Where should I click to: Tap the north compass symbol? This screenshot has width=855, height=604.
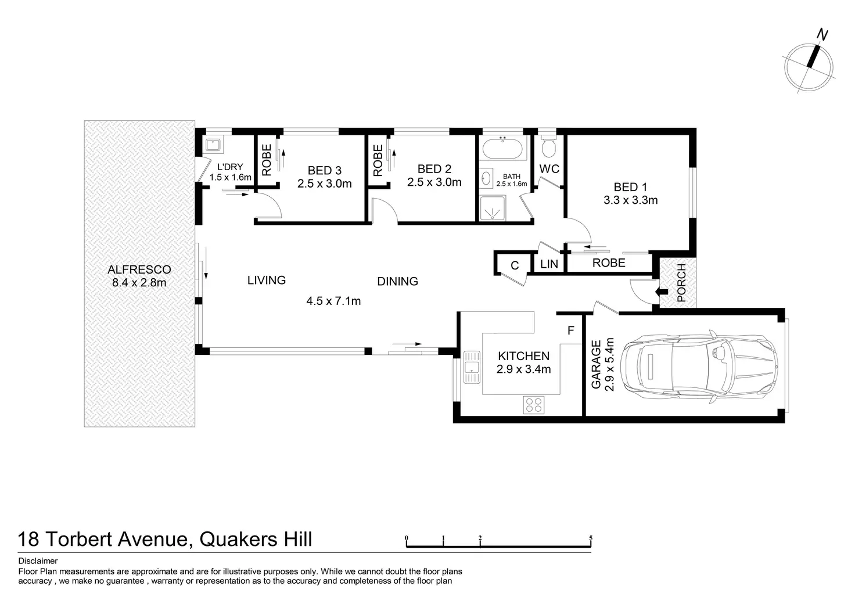pyautogui.click(x=810, y=64)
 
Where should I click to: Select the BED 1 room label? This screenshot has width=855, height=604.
pyautogui.click(x=630, y=187)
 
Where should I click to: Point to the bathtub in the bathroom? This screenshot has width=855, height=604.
pyautogui.click(x=502, y=149)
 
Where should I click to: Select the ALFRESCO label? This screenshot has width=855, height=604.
pyautogui.click(x=139, y=269)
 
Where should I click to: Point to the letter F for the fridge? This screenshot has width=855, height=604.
pyautogui.click(x=570, y=331)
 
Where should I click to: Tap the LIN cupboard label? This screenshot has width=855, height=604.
pyautogui.click(x=549, y=264)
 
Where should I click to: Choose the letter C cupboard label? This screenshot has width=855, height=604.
pyautogui.click(x=514, y=266)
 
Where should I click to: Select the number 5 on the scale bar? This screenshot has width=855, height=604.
pyautogui.click(x=591, y=538)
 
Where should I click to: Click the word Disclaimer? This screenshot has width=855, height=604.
pyautogui.click(x=38, y=561)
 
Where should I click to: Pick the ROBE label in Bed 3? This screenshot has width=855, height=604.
pyautogui.click(x=267, y=160)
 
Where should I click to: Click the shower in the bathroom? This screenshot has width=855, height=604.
pyautogui.click(x=493, y=208)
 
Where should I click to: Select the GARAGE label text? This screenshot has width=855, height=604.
pyautogui.click(x=596, y=364)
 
